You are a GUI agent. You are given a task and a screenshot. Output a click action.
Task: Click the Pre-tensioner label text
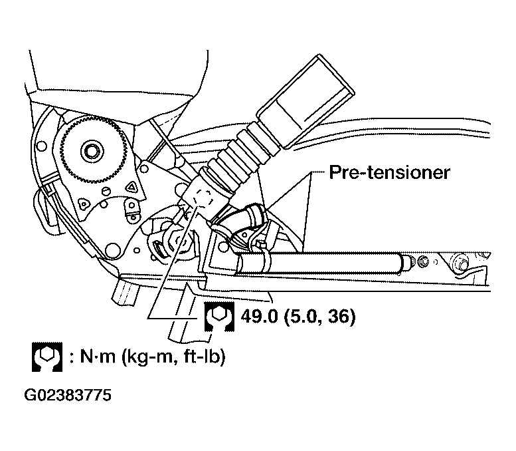pos(389,172)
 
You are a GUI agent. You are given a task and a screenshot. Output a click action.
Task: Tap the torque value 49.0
pos(259,317)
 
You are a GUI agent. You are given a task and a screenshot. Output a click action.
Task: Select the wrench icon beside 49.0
pos(219,317)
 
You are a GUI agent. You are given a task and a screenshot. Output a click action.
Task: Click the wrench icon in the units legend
pos(47,357)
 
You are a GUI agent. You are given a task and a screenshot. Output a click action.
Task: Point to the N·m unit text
pos(98,357)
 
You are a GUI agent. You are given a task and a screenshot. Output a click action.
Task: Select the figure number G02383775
pos(68,395)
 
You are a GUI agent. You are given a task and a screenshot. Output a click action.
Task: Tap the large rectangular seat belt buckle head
pos(305,101)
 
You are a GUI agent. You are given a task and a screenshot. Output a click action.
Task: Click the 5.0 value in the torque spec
pos(303,317)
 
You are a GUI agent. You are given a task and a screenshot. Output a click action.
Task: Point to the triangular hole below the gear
pos(131,188)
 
